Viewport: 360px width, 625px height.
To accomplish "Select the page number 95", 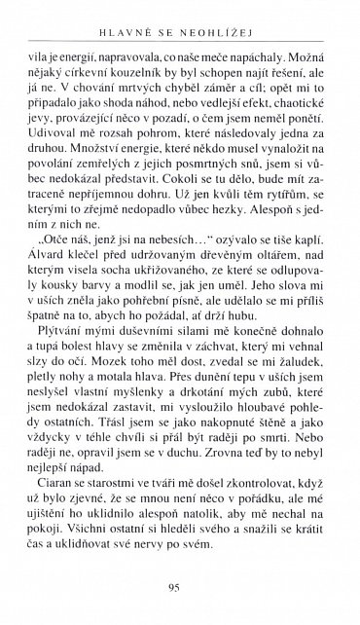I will coord(179,587).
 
